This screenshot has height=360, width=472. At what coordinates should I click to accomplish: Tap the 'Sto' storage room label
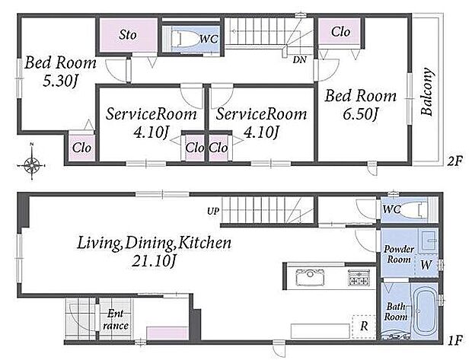click(x=128, y=35)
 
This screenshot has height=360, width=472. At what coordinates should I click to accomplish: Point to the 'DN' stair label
click(x=299, y=60)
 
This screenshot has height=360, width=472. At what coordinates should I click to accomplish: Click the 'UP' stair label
click(x=213, y=212)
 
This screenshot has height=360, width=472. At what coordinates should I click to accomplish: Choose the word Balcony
click(x=426, y=92)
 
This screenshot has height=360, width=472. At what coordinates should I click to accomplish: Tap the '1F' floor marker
click(x=454, y=340)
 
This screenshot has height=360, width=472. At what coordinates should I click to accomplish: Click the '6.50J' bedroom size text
click(x=360, y=114)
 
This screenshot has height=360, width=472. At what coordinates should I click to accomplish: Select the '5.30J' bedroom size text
click(x=60, y=81)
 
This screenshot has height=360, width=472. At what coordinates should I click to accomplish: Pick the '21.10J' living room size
click(x=154, y=260)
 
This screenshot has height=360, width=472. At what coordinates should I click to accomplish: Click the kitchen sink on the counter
click(x=310, y=277)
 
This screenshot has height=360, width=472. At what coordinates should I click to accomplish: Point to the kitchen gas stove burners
click(x=359, y=277)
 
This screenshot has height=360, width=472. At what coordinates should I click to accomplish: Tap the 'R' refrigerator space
click(x=364, y=327)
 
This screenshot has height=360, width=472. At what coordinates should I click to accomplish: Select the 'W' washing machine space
click(x=426, y=265)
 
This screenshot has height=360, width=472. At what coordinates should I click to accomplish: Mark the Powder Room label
click(x=399, y=254)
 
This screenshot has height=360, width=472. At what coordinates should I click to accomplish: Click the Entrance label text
click(x=115, y=320)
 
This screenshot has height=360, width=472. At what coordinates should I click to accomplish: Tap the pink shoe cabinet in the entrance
click(x=167, y=333)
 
